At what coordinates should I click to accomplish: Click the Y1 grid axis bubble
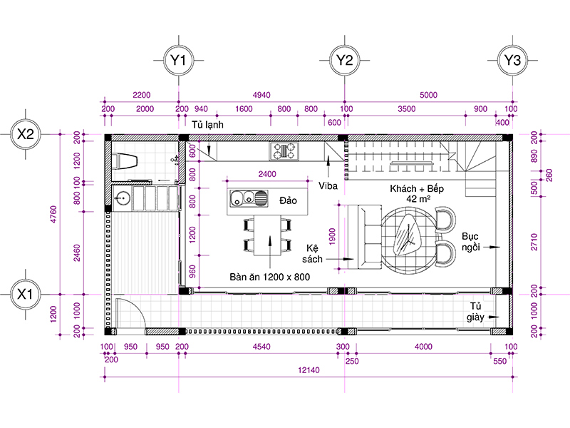(178, 60)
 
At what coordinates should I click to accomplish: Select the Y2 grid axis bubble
(344, 60)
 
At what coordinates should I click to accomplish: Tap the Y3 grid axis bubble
(512, 60)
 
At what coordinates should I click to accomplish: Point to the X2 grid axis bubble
(25, 134)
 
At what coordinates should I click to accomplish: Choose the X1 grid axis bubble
(25, 294)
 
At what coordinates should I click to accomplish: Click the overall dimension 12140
(309, 370)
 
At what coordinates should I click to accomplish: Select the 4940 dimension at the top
(261, 95)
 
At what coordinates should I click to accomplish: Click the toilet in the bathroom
(125, 161)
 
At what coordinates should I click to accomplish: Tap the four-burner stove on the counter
(284, 151)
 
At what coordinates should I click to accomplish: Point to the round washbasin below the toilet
(122, 198)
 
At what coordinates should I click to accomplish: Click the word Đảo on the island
(288, 200)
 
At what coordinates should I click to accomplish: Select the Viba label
(328, 186)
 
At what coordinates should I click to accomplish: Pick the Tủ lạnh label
(207, 125)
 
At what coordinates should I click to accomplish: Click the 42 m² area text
(418, 199)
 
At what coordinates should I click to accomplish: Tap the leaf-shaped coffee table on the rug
(408, 235)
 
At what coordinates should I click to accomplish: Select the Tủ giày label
(475, 312)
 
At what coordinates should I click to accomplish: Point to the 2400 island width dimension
(267, 174)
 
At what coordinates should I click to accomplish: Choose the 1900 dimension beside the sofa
(332, 237)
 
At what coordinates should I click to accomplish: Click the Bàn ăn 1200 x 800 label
(270, 277)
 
